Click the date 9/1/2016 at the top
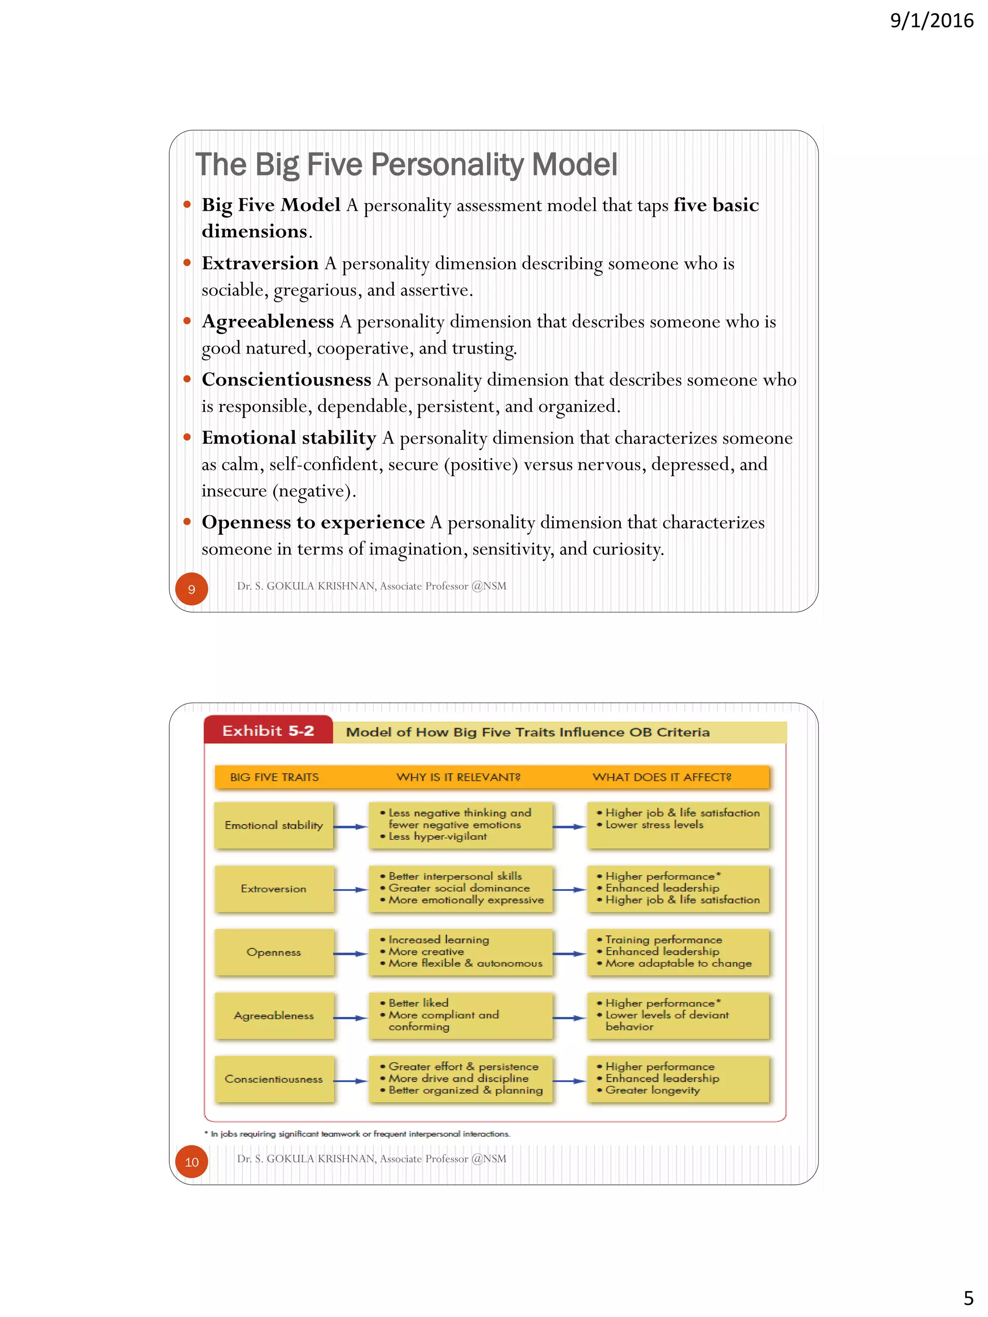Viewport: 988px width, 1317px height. click(x=931, y=21)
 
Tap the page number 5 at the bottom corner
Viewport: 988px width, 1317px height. click(x=968, y=1297)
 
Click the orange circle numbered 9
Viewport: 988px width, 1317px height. click(x=191, y=589)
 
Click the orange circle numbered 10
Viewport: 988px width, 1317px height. click(x=191, y=1162)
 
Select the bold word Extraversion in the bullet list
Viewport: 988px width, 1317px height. click(x=260, y=263)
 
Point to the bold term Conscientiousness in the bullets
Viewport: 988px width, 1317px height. click(x=286, y=379)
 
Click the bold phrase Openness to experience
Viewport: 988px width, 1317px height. click(x=313, y=522)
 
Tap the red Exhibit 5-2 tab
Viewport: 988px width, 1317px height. click(x=268, y=731)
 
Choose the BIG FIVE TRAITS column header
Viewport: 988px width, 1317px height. click(x=274, y=777)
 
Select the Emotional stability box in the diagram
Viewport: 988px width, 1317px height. click(x=274, y=825)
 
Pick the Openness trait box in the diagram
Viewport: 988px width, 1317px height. click(x=274, y=952)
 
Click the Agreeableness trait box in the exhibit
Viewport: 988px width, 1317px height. click(x=274, y=1016)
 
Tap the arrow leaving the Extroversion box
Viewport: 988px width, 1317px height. click(x=350, y=890)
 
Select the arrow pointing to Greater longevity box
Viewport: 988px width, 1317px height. click(x=569, y=1081)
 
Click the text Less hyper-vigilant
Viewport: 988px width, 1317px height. click(x=437, y=837)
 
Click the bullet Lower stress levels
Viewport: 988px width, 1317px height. click(x=654, y=825)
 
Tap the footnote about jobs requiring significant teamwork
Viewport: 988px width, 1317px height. click(x=357, y=1134)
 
